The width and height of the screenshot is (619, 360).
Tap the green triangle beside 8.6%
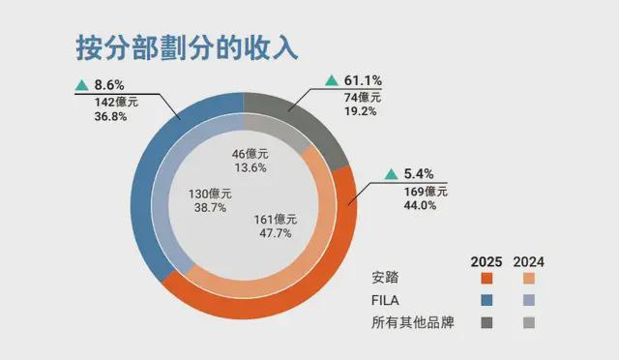tap(81, 83)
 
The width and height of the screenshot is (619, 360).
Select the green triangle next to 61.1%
tap(332, 79)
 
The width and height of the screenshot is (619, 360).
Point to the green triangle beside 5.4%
tap(391, 174)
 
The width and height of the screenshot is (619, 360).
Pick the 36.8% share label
tap(112, 116)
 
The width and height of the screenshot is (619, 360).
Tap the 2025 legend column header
tap(486, 262)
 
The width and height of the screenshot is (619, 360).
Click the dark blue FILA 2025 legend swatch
tap(486, 300)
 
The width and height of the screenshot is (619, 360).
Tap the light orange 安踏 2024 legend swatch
tap(528, 279)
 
